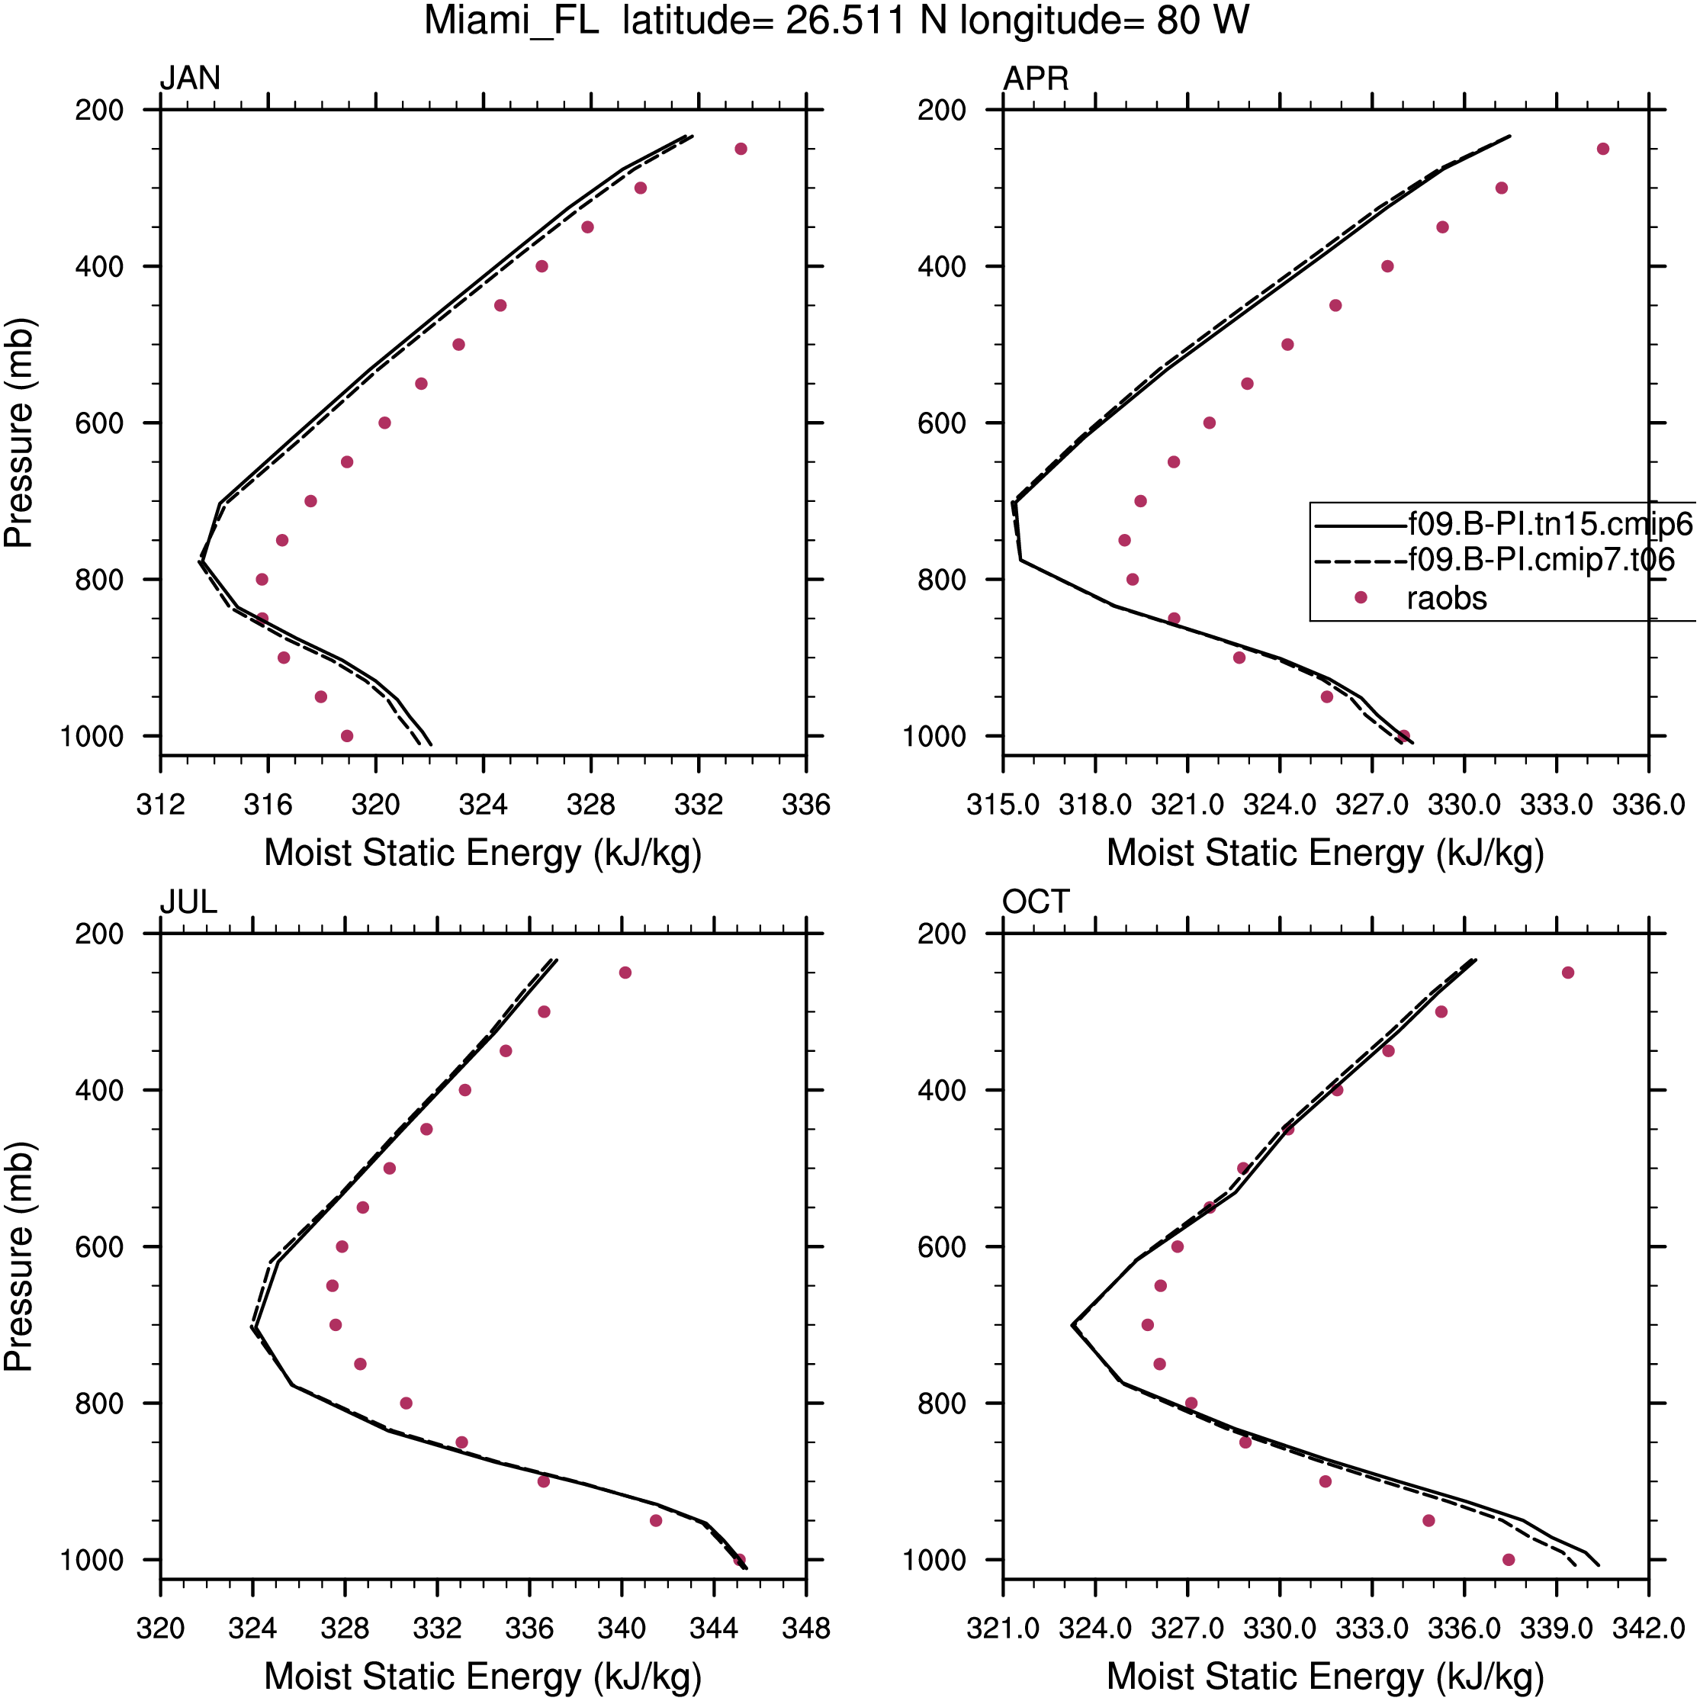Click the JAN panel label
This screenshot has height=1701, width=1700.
coord(189,79)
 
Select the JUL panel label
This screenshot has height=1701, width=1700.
coord(188,902)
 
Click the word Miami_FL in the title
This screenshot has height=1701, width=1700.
coord(512,21)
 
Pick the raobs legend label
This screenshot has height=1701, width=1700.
coord(1447,599)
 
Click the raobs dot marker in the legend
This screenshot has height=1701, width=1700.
coord(1360,598)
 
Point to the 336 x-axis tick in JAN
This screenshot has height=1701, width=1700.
coord(805,805)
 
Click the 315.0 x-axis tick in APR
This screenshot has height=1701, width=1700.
coord(1003,805)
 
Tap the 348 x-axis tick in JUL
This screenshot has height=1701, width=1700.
coord(805,1628)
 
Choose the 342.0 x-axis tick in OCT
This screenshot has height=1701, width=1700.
coord(1648,1628)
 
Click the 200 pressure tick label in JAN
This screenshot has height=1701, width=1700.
coord(99,111)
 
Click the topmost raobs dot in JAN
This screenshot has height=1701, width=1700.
coord(741,149)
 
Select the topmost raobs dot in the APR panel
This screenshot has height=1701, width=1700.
coord(1602,149)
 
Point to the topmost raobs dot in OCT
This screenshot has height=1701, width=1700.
coord(1567,973)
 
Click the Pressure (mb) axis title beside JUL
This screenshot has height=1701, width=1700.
coord(18,1256)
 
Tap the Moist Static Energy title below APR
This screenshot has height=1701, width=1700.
coord(1325,853)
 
